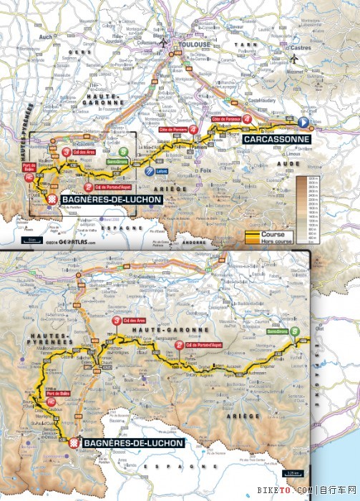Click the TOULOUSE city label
[x=195, y=44]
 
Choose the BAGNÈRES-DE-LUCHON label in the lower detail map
[x=133, y=444]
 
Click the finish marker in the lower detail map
[x=72, y=444]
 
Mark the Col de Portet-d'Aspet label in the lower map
[x=205, y=345]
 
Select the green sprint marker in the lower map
[x=295, y=331]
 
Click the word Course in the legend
[x=273, y=234]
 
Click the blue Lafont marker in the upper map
[x=149, y=172]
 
